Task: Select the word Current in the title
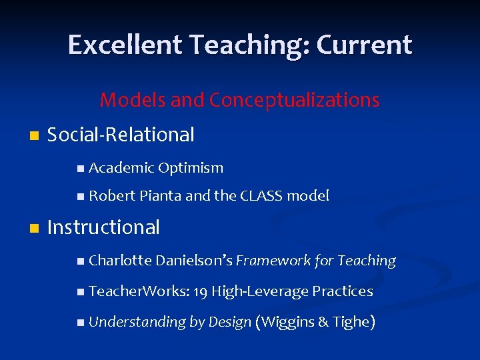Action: pyautogui.click(x=365, y=45)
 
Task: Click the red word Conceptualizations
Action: pyautogui.click(x=294, y=100)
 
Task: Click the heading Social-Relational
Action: pyautogui.click(x=121, y=135)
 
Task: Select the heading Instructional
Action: pyautogui.click(x=104, y=227)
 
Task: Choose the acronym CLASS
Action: pyautogui.click(x=264, y=196)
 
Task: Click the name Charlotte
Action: pyautogui.click(x=120, y=261)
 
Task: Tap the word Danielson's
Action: pyautogui.click(x=194, y=261)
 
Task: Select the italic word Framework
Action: pyautogui.click(x=272, y=261)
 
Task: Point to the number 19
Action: pyautogui.click(x=201, y=291)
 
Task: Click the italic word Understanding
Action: pyautogui.click(x=137, y=322)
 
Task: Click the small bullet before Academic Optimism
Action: pyautogui.click(x=81, y=169)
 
